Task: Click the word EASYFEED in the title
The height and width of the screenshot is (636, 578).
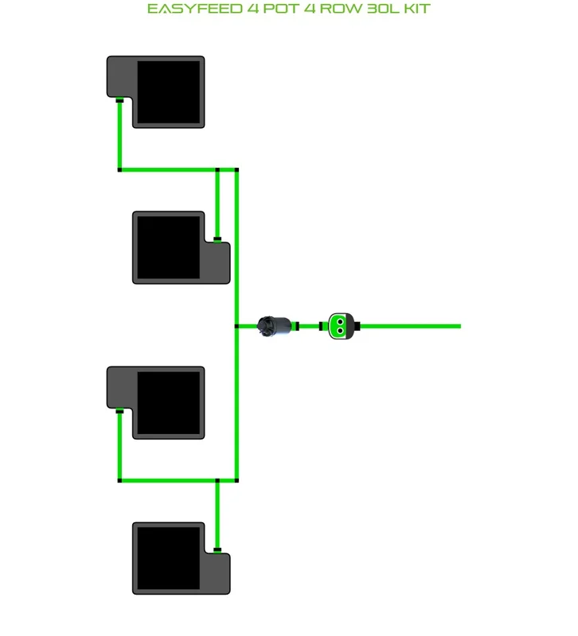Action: pyautogui.click(x=195, y=9)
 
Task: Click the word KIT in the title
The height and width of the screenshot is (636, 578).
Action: pyautogui.click(x=417, y=9)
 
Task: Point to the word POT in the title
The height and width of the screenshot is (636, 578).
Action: pyautogui.click(x=281, y=9)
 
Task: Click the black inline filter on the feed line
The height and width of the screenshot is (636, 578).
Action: pyautogui.click(x=275, y=326)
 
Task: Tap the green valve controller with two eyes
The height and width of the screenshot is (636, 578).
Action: pyautogui.click(x=342, y=326)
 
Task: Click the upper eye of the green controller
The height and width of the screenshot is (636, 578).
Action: pyautogui.click(x=341, y=322)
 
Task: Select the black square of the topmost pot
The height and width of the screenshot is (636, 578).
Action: pyautogui.click(x=169, y=92)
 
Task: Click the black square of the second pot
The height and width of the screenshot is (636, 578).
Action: pyautogui.click(x=169, y=247)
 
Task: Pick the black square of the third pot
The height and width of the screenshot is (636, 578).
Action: pyautogui.click(x=169, y=403)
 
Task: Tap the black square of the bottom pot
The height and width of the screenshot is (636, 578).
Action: pyautogui.click(x=169, y=558)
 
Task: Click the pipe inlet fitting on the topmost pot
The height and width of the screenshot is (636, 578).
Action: pyautogui.click(x=119, y=100)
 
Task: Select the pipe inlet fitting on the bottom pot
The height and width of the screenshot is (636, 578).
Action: pyautogui.click(x=217, y=550)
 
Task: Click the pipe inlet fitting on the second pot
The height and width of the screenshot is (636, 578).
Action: pyautogui.click(x=217, y=239)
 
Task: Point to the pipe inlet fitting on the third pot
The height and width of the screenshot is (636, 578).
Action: pyautogui.click(x=119, y=411)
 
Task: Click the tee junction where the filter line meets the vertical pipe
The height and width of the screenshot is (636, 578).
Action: pyautogui.click(x=236, y=326)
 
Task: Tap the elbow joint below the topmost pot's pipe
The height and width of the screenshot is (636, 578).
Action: pyautogui.click(x=119, y=170)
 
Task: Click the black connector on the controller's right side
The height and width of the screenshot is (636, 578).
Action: pyautogui.click(x=357, y=326)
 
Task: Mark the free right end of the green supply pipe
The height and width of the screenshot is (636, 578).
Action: pyautogui.click(x=461, y=326)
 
